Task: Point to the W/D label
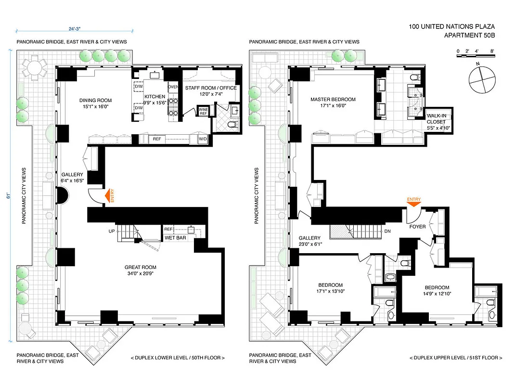203,139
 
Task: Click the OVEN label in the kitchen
173,87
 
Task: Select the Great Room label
140,268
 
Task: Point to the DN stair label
387,231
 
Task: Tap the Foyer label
417,226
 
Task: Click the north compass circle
482,79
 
